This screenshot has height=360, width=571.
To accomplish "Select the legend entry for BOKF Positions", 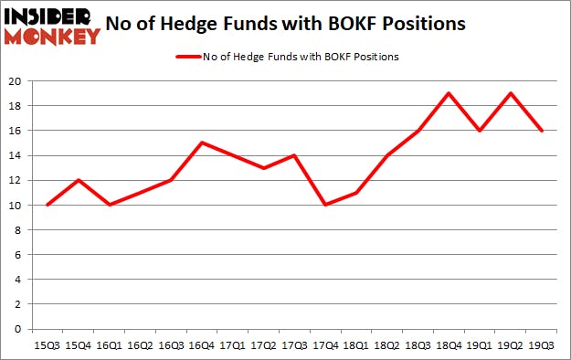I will pyautogui.click(x=287, y=57).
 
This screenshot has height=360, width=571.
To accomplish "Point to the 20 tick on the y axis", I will pyautogui.click(x=17, y=80).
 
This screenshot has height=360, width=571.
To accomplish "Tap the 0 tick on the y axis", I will pyautogui.click(x=20, y=329).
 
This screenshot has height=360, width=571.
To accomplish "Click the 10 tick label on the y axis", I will pyautogui.click(x=17, y=205).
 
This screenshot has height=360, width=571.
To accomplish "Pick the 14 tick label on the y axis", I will pyautogui.click(x=17, y=155).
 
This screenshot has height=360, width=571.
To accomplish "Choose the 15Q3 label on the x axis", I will pyautogui.click(x=46, y=345).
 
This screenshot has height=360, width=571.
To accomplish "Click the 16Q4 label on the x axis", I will pyautogui.click(x=200, y=345).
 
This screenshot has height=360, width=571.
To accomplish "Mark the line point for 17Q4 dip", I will pyautogui.click(x=323, y=205).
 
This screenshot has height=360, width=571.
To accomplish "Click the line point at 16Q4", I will pyautogui.click(x=200, y=143).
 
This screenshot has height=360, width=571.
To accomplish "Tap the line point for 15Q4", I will pyautogui.click(x=77, y=180).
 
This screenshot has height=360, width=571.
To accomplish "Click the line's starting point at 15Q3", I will pyautogui.click(x=46, y=205).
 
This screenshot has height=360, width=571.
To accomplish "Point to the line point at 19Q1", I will pyautogui.click(x=478, y=131).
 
